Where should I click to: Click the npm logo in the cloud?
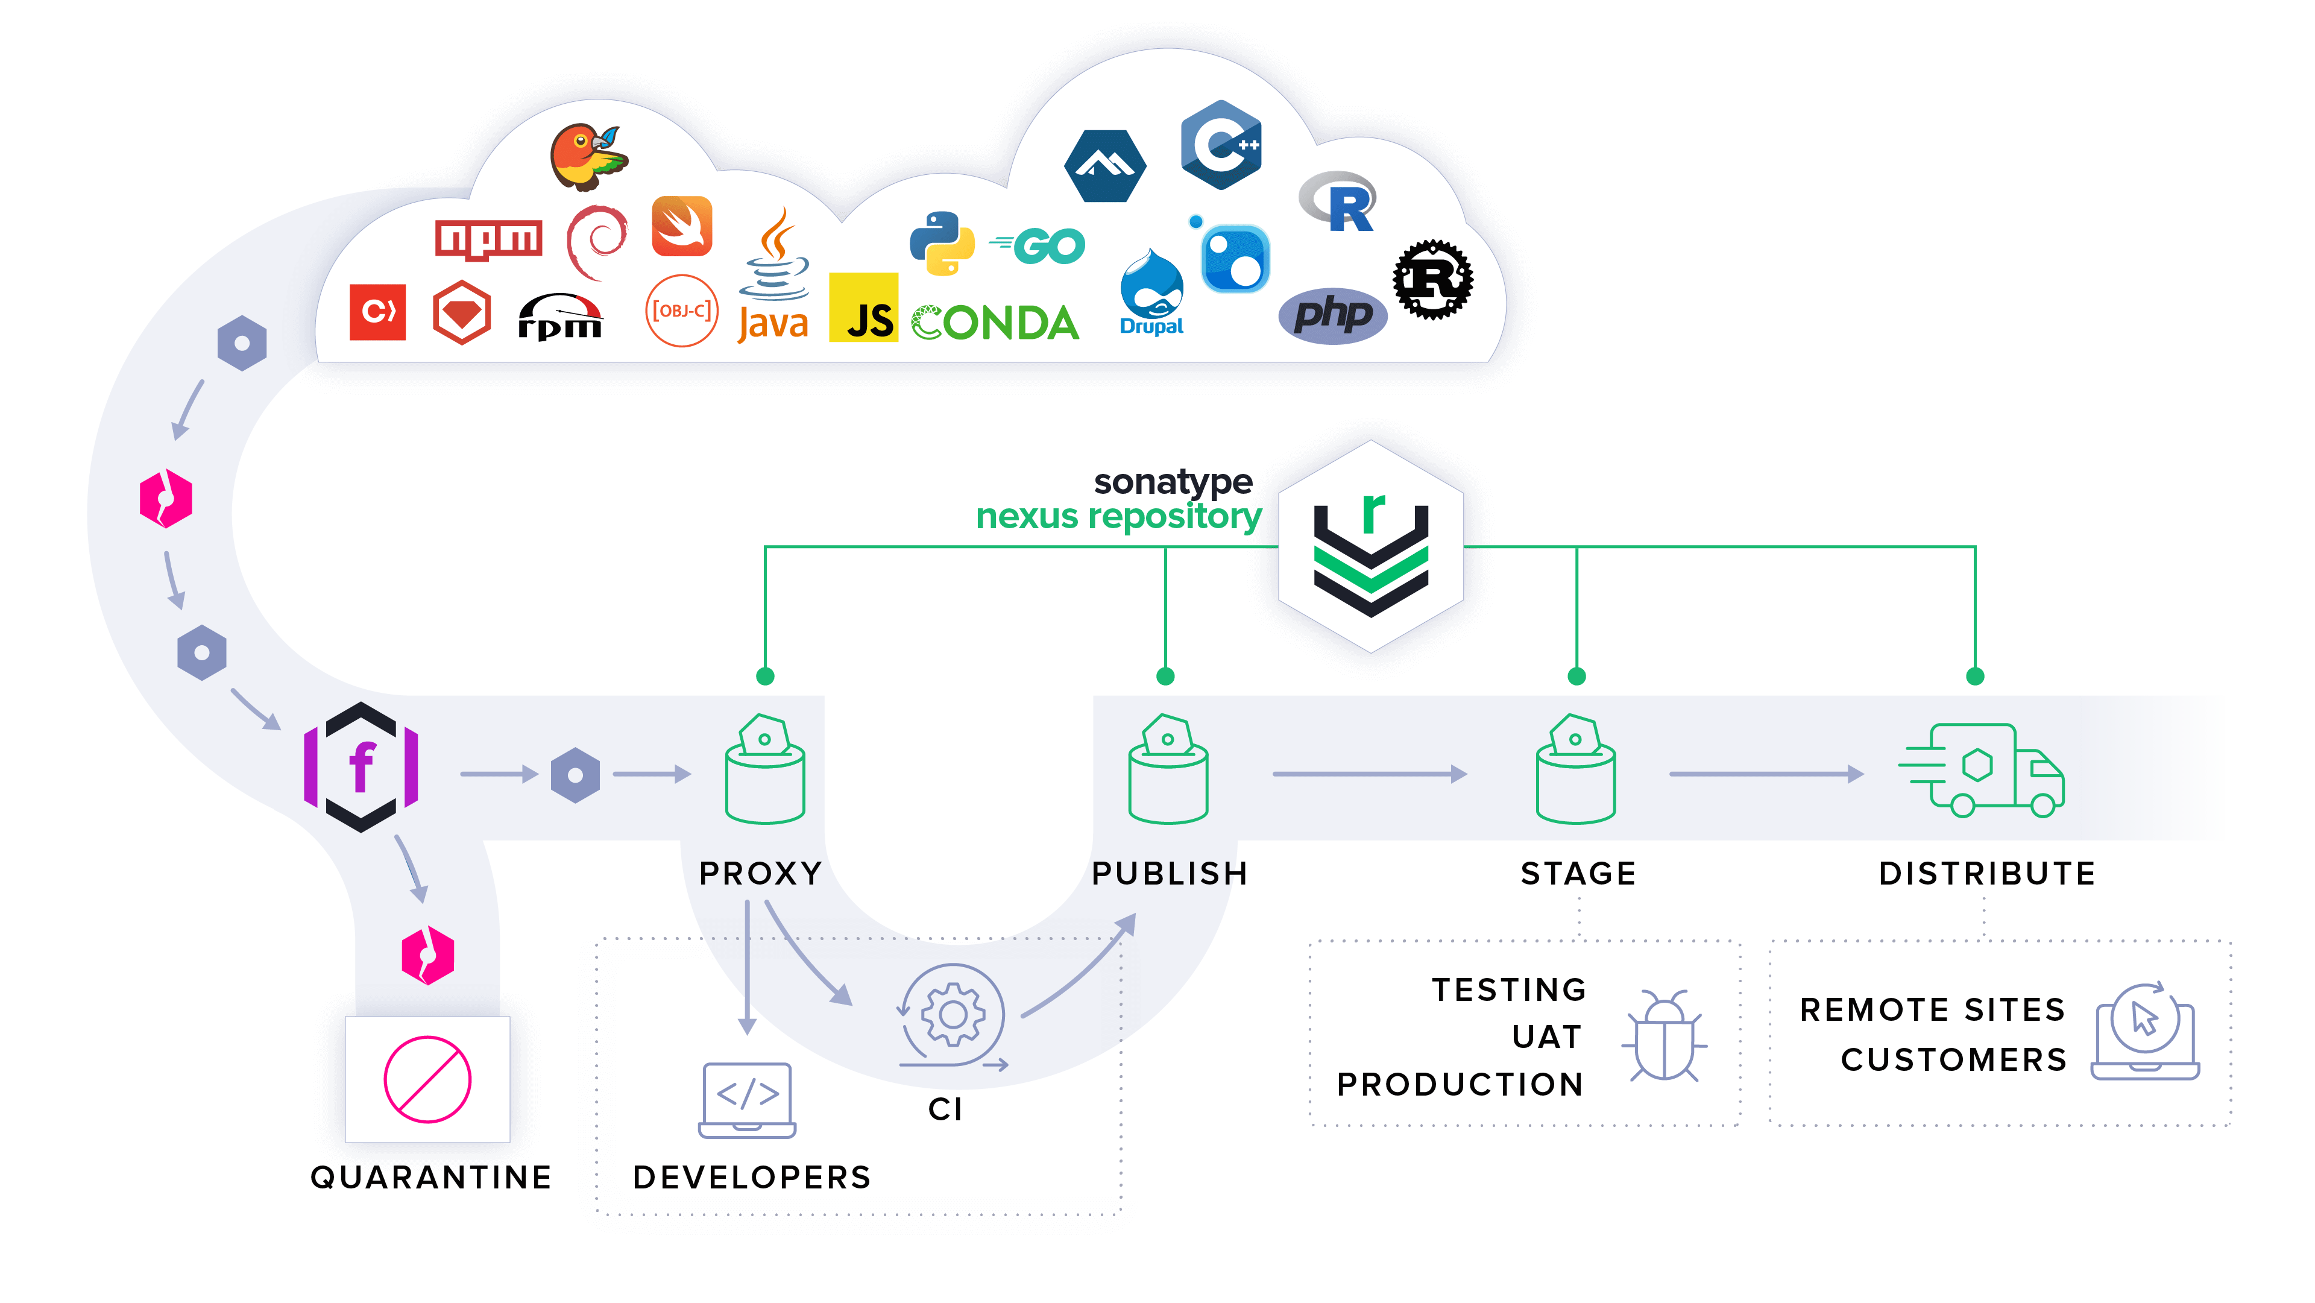[x=488, y=239]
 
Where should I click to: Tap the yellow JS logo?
[x=863, y=308]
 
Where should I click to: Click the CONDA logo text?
[x=995, y=323]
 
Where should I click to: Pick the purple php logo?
[x=1333, y=315]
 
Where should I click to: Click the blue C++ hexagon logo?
[x=1220, y=145]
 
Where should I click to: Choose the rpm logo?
[x=560, y=318]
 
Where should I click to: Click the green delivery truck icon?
[x=1982, y=770]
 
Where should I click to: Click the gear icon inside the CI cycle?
[x=953, y=1015]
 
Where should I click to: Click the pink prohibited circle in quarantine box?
[x=427, y=1079]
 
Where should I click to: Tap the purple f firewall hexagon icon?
[x=361, y=766]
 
